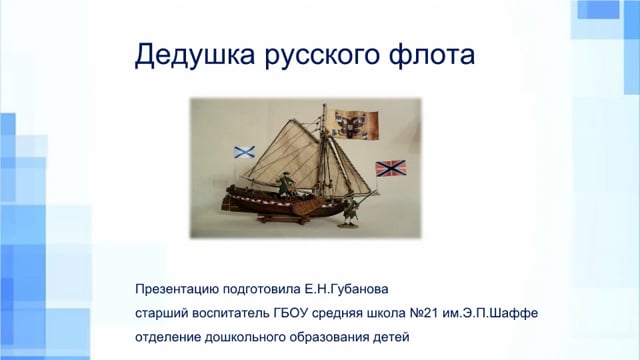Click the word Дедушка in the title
click(x=195, y=55)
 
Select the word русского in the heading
click(x=322, y=56)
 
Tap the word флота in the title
click(x=431, y=55)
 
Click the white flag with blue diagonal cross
click(x=244, y=152)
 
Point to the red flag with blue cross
click(x=391, y=168)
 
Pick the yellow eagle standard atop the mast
click(x=356, y=123)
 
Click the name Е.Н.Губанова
click(x=347, y=289)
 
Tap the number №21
click(x=424, y=313)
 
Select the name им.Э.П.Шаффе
click(x=490, y=313)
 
